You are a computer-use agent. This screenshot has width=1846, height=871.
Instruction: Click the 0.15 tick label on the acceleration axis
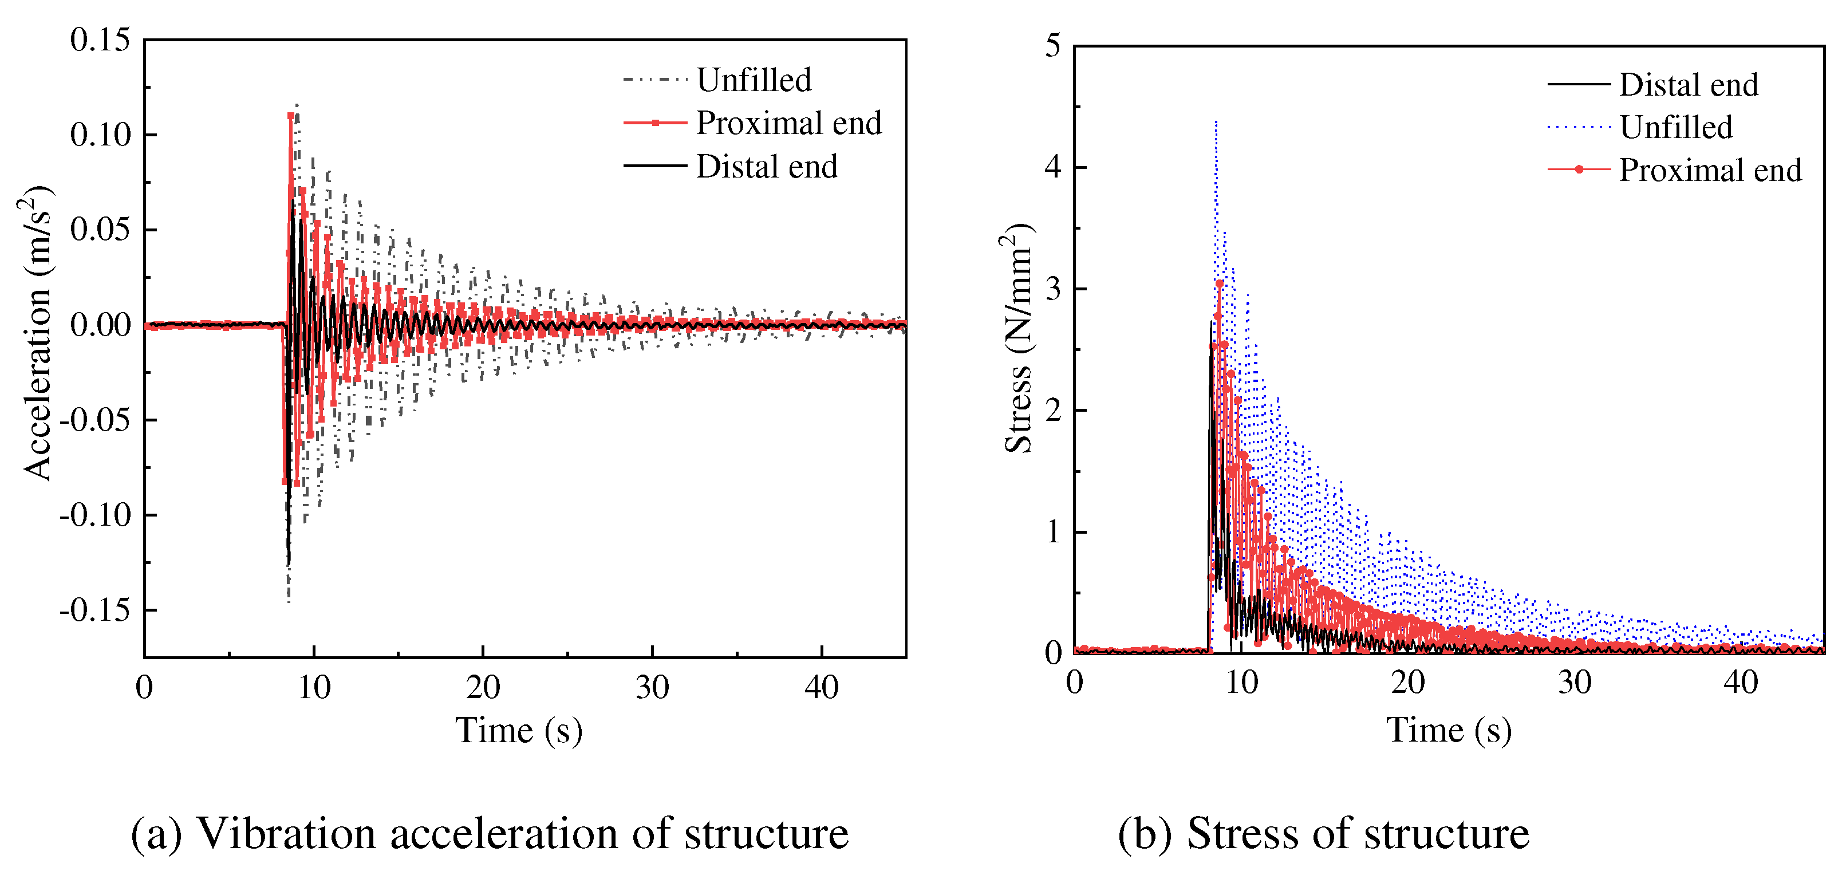[x=100, y=40]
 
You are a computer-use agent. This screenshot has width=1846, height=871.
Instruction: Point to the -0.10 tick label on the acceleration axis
[x=95, y=515]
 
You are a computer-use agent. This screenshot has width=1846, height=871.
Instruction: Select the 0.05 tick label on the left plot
[x=100, y=230]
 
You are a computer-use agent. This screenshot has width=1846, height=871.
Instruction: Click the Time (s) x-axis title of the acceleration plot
[x=519, y=731]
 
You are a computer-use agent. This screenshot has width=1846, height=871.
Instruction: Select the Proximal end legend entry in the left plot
[x=788, y=123]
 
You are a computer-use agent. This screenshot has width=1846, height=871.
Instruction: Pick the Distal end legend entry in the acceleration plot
[x=766, y=166]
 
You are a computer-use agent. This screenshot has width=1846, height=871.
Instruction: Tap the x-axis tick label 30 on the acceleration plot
[x=652, y=688]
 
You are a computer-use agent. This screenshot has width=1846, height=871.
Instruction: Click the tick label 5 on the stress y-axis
[x=1052, y=46]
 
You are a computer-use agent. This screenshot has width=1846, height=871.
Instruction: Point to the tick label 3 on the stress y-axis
[x=1052, y=289]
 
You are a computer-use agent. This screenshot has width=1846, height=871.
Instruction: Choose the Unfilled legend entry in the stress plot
[x=1675, y=128]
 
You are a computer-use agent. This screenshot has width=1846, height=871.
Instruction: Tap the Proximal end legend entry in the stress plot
[x=1710, y=170]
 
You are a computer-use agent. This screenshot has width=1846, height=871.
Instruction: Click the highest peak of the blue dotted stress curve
[x=1216, y=122]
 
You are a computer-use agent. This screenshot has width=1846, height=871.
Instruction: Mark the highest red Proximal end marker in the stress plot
[x=1220, y=284]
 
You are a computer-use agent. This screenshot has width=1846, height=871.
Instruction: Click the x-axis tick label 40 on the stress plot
[x=1741, y=683]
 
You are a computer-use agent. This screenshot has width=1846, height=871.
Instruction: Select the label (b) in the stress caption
[x=1145, y=834]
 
